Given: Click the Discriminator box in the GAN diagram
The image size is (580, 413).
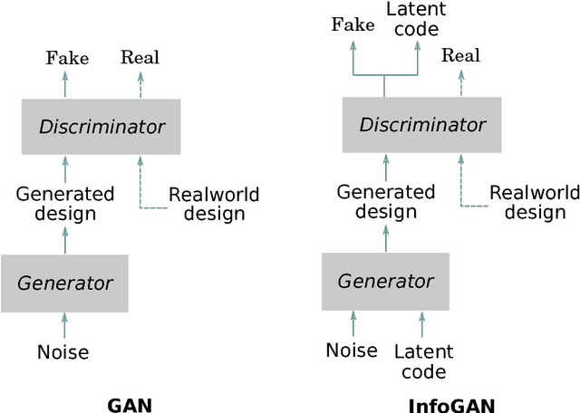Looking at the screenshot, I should [x=101, y=127].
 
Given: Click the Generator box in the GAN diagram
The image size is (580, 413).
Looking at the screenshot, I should [x=64, y=283].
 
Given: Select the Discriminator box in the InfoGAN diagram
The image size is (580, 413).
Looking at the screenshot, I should [x=422, y=125].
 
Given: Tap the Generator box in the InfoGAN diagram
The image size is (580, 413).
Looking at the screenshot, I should [x=385, y=281].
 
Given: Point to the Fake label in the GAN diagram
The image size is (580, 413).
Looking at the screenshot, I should [x=67, y=59].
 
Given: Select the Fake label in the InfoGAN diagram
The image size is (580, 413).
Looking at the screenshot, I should [x=353, y=24].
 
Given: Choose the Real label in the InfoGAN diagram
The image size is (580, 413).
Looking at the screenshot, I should [x=460, y=56].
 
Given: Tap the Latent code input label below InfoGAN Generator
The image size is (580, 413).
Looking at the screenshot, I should [x=422, y=361].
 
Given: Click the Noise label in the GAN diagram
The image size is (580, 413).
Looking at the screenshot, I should [x=63, y=351].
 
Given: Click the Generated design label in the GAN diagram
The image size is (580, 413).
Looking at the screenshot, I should [x=65, y=204].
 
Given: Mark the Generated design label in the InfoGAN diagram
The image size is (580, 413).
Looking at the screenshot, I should [x=386, y=201].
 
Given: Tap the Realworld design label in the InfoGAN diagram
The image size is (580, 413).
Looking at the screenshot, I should [x=535, y=202].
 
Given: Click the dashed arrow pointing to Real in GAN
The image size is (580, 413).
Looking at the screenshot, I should [x=140, y=84].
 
